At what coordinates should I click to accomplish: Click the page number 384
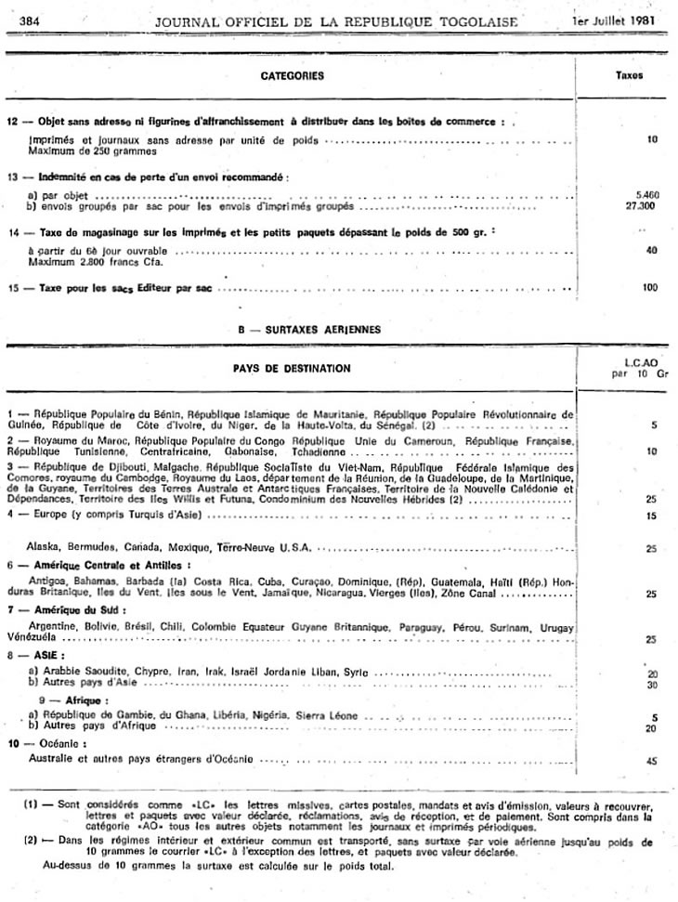tap(28, 21)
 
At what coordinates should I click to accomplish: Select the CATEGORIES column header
tap(292, 76)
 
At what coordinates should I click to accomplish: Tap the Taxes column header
tap(629, 76)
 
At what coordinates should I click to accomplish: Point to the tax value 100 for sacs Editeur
tap(649, 288)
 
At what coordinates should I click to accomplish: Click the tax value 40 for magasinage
tap(651, 250)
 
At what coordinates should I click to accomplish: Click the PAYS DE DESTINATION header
tap(292, 368)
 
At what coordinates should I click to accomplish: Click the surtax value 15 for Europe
tap(651, 515)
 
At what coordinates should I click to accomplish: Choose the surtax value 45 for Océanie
tap(650, 760)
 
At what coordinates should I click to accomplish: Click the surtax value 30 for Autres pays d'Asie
tap(651, 684)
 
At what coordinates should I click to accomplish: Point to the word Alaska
tap(44, 547)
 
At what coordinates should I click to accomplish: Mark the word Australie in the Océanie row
tap(52, 759)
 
